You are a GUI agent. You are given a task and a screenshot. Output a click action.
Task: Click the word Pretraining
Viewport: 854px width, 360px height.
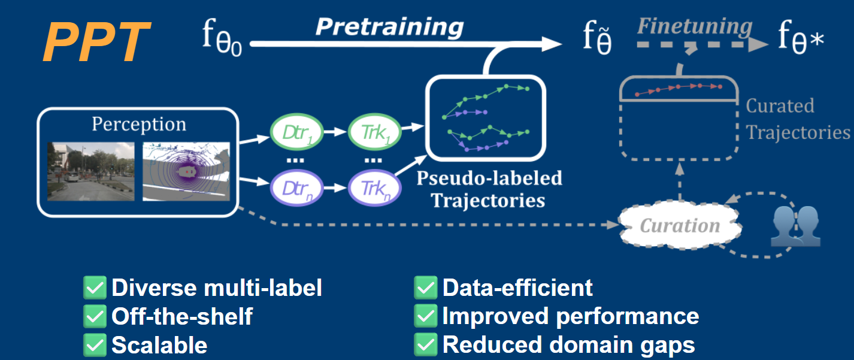pos(389,26)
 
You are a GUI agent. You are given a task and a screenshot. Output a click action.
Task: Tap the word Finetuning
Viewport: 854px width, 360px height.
pos(695,26)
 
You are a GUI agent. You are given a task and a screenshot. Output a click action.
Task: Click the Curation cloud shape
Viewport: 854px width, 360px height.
pos(680,226)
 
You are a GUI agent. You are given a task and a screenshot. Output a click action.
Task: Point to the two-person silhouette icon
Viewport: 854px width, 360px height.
pos(794,226)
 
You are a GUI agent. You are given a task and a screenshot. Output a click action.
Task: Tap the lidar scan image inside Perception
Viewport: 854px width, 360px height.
pos(186,171)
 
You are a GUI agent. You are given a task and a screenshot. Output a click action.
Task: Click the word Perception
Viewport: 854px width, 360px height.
pos(138,124)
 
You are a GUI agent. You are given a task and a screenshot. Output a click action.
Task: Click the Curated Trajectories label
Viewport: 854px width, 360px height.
pos(797,119)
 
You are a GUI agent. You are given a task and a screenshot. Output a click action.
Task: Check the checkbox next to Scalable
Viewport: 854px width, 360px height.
pos(95,344)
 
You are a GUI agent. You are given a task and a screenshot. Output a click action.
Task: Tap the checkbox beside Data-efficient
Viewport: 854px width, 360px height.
pos(425,288)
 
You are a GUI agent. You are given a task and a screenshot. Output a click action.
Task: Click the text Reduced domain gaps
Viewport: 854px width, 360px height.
pos(568,344)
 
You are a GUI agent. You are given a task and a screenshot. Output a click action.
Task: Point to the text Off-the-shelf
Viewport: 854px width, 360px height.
pos(182,316)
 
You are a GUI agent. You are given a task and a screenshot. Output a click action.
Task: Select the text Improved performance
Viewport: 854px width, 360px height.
pos(570,316)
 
